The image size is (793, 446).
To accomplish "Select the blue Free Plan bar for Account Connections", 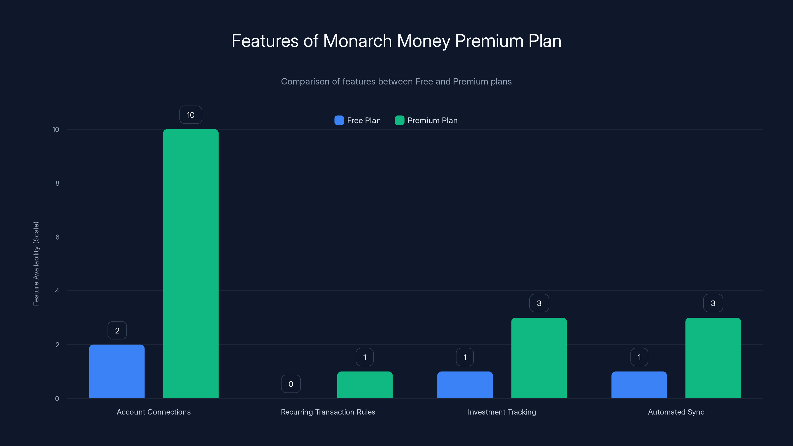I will point(117,371).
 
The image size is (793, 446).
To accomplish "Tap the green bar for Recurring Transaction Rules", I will point(365,385).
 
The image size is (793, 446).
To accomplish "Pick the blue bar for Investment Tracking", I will point(465,385).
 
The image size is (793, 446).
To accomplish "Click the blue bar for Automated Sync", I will point(639,385).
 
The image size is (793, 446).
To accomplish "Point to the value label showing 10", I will point(191,115).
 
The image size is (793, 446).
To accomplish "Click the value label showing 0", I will point(291,384).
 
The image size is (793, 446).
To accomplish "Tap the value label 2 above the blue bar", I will point(117,330).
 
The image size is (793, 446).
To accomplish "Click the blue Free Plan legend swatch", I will point(339,120).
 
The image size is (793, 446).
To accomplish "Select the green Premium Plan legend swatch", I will point(399,120).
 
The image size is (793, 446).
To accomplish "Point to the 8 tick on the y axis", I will point(57,183).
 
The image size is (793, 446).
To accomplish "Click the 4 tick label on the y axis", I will point(57,291).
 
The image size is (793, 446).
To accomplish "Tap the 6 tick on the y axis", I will point(57,237).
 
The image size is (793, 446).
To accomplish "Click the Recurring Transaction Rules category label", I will point(328,412).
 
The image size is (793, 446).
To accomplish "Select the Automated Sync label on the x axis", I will point(676,412).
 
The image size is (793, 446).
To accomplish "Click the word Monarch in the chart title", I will point(357,41).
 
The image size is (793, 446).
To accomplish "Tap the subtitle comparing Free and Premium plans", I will point(396,81).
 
